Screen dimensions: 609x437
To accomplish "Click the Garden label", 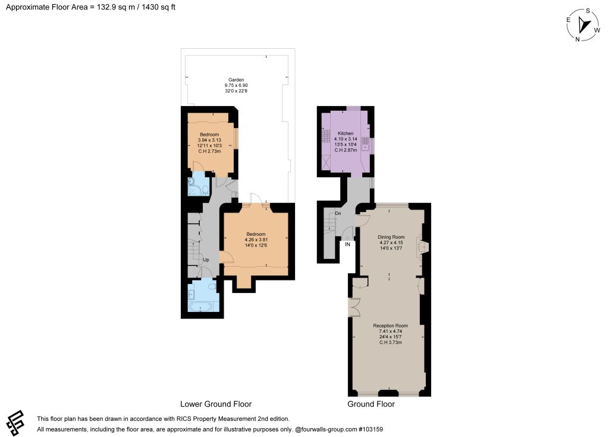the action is click(236, 80).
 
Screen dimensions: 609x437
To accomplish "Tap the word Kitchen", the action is click(346, 133).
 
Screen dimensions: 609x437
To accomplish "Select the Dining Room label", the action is click(391, 237).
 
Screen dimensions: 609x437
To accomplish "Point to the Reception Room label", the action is click(390, 326).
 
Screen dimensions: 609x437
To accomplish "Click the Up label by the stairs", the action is click(206, 260).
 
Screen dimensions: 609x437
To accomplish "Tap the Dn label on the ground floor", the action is click(338, 214).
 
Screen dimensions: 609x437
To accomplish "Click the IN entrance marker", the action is click(347, 245).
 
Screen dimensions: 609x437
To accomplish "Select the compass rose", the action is click(583, 25).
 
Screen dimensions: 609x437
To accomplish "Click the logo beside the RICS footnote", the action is click(15, 423).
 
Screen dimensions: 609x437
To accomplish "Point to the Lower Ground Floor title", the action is click(216, 404).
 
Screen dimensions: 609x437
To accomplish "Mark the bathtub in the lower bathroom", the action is click(200, 307).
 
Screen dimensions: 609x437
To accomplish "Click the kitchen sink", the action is click(366, 144).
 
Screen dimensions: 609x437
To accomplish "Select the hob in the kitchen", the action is click(325, 136).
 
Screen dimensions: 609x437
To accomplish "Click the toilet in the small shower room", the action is click(205, 190).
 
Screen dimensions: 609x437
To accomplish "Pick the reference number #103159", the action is click(371, 429).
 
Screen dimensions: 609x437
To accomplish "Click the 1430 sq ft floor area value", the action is click(158, 7).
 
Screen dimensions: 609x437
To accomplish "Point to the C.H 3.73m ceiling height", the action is click(390, 342).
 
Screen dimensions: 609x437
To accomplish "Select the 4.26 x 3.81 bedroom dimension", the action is click(256, 239).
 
